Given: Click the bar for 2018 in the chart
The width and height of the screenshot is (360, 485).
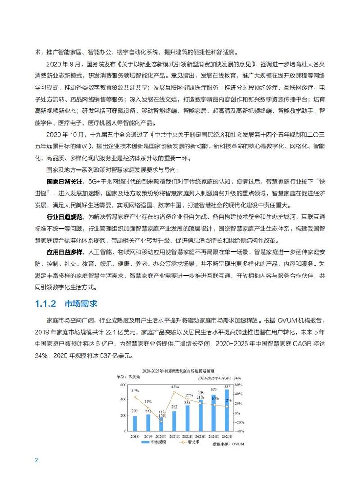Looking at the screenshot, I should click(135, 423).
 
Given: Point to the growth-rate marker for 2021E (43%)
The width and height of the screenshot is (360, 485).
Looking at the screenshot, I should click(174, 391).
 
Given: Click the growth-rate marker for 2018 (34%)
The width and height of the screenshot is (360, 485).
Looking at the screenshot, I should click(135, 397).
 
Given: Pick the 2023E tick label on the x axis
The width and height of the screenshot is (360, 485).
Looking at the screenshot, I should click(201, 436).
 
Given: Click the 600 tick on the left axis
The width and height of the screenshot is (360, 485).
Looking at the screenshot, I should click(122, 385).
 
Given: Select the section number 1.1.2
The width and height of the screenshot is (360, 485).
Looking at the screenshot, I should click(45, 304).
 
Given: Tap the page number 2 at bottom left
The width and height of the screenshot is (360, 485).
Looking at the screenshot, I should click(36, 460).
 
